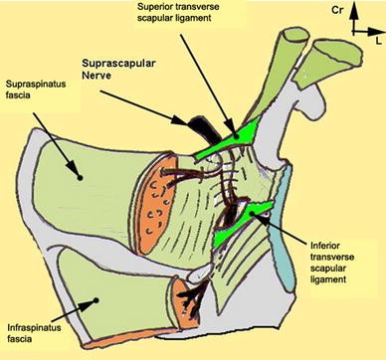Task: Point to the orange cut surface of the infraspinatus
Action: (185, 296)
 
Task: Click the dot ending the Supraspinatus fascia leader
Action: (79, 175)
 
